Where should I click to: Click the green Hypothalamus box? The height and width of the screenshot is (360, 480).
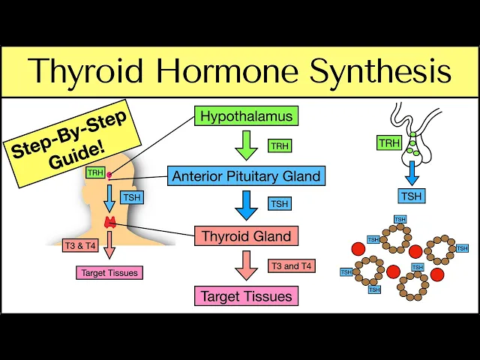click(x=245, y=116)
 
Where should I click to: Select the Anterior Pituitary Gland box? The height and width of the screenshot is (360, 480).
click(x=246, y=177)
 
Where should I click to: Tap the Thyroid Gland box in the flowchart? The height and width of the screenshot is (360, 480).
click(x=246, y=236)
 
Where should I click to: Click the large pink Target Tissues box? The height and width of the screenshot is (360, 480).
click(x=246, y=295)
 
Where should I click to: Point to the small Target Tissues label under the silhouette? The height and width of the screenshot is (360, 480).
click(x=109, y=273)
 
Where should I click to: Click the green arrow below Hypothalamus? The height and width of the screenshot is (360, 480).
click(x=246, y=145)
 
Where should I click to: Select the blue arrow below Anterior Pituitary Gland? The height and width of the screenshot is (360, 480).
click(x=246, y=205)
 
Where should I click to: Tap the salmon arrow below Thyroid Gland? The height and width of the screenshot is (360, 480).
click(x=246, y=265)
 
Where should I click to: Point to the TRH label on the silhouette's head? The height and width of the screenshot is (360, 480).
click(x=95, y=172)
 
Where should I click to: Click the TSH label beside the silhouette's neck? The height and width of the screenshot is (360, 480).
click(x=132, y=197)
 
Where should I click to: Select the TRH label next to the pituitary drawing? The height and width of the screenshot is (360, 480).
click(x=389, y=142)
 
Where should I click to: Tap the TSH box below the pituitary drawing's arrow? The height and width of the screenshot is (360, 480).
click(x=409, y=196)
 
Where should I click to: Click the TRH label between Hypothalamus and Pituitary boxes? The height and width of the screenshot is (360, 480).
click(x=280, y=145)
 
